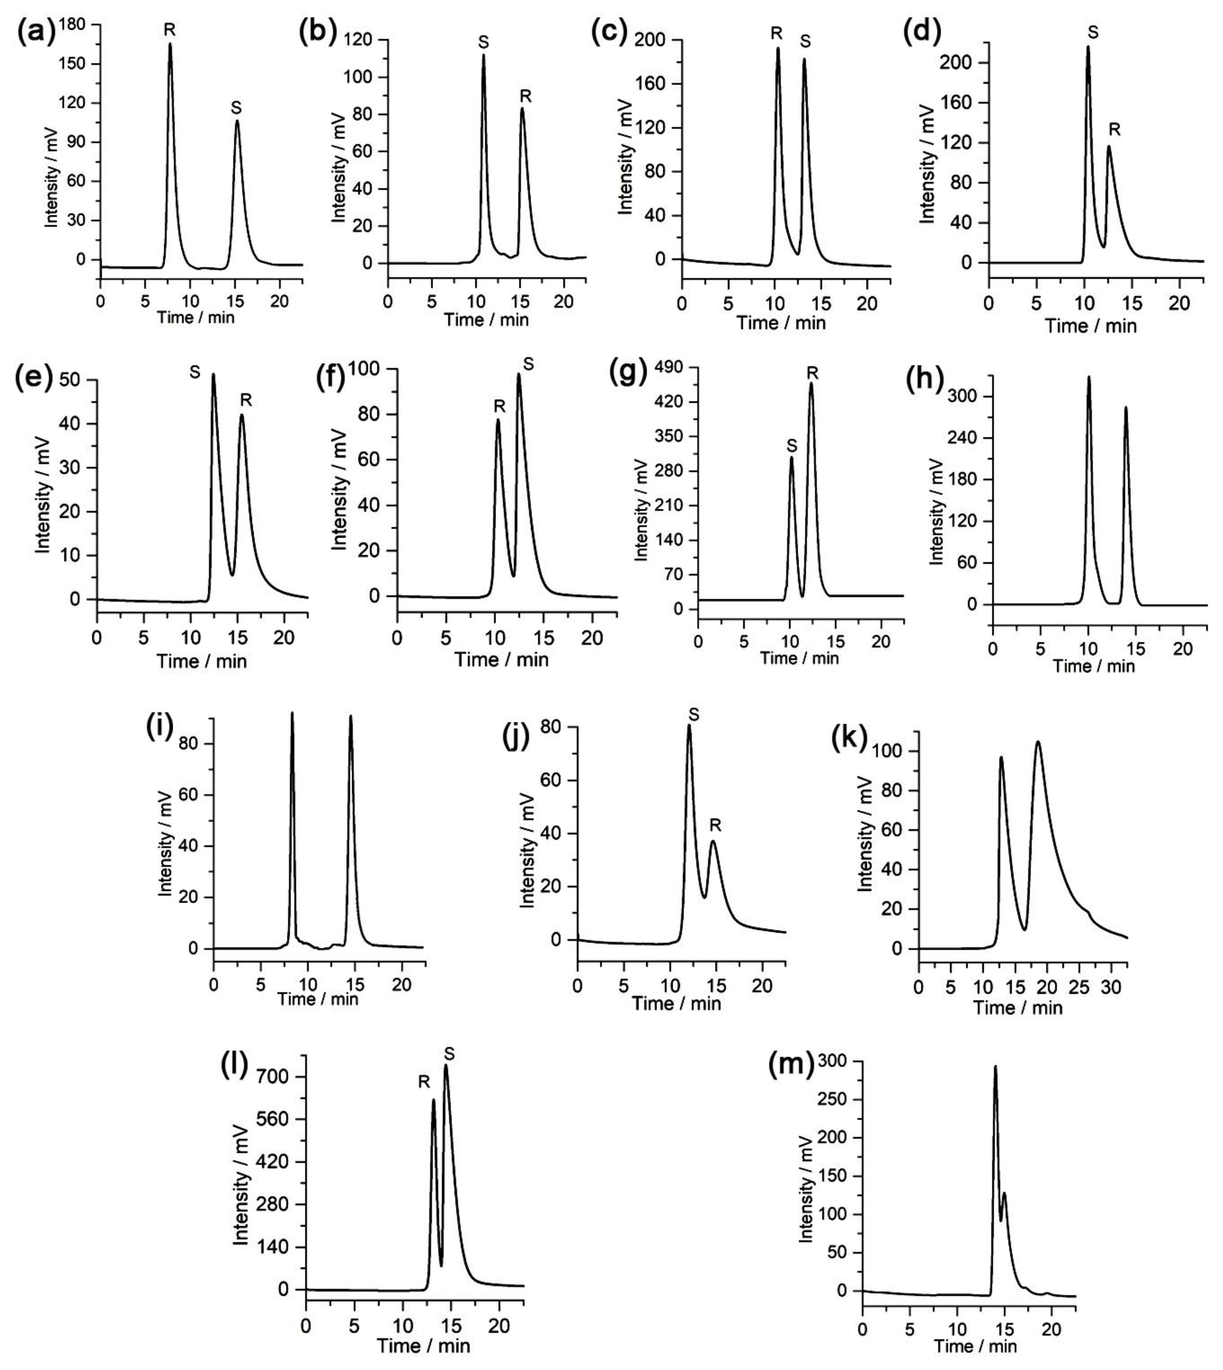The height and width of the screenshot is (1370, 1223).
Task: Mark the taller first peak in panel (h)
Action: tap(1088, 377)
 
